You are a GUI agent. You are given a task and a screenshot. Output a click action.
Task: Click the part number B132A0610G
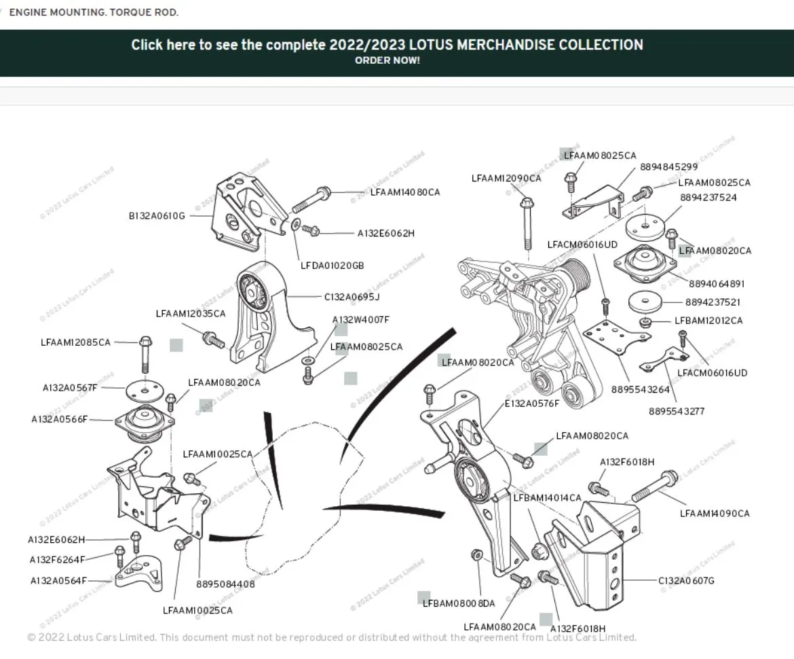[x=157, y=216]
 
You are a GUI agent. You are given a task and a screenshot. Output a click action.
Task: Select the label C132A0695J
[x=352, y=297]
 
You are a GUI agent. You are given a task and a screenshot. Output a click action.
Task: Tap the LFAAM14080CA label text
[x=405, y=192]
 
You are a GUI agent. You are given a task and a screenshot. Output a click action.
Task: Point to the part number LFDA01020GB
[x=333, y=266]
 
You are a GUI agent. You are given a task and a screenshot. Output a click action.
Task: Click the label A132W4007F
[x=360, y=319]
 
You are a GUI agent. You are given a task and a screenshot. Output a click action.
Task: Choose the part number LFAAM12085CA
[x=75, y=342]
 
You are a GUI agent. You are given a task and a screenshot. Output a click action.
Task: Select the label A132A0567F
[x=70, y=388]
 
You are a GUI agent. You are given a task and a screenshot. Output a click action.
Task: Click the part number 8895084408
[x=226, y=584]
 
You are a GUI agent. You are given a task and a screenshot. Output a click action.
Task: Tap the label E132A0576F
[x=532, y=404]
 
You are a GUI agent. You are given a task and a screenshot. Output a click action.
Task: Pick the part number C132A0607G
[x=686, y=581]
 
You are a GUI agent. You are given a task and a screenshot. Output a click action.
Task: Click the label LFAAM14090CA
[x=715, y=514]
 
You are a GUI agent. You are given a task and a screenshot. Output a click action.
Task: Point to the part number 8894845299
[x=668, y=167]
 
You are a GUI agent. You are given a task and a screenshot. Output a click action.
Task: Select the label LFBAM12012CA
[x=708, y=321]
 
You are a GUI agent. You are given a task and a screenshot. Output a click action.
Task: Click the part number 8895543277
[x=677, y=412]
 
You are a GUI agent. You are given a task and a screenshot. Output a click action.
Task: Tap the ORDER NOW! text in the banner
[x=387, y=60]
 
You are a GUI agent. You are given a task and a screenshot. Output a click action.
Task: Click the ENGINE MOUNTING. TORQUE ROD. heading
[x=94, y=12]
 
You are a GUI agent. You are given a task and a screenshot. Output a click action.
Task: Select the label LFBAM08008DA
[x=459, y=603]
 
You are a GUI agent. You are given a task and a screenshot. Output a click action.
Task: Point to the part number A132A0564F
[x=58, y=581]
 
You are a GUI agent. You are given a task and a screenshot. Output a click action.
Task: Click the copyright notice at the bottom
[x=332, y=637]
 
